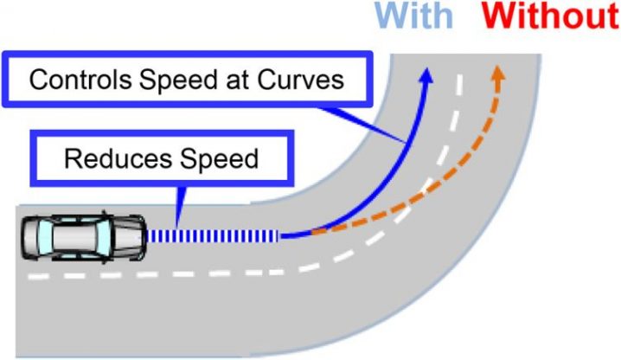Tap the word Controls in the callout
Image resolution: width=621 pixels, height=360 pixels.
pos(80,80)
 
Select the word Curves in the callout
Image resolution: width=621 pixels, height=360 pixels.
pos(301,80)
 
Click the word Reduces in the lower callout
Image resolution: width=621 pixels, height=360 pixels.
pos(118,158)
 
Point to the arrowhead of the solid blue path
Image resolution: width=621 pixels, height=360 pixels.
pos(426,75)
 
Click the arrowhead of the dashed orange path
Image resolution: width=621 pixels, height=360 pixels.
pos(498,74)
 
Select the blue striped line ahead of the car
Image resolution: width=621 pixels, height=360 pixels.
pos(212,236)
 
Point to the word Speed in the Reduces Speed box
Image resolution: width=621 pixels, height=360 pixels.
pos(219,158)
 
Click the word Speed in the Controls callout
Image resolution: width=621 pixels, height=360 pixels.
pos(178,80)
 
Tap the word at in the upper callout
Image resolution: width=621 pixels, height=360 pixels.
pos(238,80)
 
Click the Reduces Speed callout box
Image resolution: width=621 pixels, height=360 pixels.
pos(162,158)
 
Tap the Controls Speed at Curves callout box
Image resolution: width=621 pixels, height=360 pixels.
pos(188,80)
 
